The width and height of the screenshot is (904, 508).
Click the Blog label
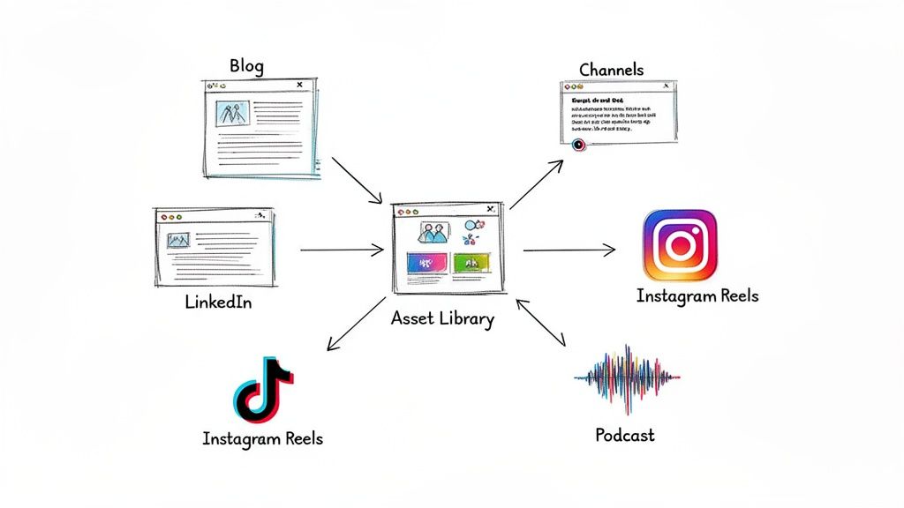point(246,66)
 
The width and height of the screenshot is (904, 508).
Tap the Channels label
point(611,69)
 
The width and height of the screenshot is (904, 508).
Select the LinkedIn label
point(219,303)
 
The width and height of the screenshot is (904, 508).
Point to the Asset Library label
point(442,318)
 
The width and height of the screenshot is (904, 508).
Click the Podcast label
point(625,435)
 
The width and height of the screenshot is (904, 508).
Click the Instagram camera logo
point(680,245)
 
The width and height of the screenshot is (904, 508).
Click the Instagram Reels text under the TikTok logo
point(262,438)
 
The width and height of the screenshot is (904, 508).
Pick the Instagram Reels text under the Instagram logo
point(697,295)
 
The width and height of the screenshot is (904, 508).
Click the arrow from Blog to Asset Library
point(357,180)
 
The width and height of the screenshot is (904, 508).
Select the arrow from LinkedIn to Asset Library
point(342,250)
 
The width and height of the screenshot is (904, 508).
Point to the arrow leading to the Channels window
point(536,185)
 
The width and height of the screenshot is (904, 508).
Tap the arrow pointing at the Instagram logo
point(569,250)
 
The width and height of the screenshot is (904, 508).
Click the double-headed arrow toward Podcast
point(541,322)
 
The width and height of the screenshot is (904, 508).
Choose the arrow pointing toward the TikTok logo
point(358,324)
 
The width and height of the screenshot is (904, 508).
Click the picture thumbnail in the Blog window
point(232,114)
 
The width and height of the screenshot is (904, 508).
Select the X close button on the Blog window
point(300,86)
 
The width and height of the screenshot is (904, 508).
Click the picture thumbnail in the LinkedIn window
point(178,239)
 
